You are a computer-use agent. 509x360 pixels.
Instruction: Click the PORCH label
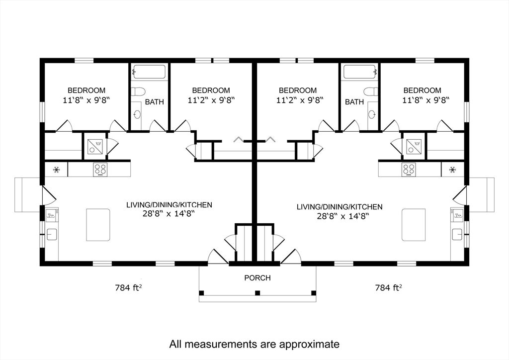click(x=257, y=278)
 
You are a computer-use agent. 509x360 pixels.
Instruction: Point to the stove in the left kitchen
click(x=100, y=170)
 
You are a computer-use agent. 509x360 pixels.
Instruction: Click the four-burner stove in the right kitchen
click(x=409, y=170)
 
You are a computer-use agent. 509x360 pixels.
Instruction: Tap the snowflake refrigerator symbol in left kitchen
click(x=57, y=170)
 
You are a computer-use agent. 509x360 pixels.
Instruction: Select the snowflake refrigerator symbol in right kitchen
click(x=452, y=170)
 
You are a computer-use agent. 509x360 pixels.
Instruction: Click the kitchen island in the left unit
click(x=98, y=224)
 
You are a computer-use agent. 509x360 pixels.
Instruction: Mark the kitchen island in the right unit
click(x=414, y=224)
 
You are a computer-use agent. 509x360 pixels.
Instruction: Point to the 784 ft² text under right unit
click(x=388, y=287)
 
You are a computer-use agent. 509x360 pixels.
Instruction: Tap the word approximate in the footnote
click(x=308, y=344)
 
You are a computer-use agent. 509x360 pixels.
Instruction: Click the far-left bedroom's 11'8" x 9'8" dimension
click(x=86, y=99)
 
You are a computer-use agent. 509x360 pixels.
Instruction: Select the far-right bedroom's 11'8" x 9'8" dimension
click(x=422, y=99)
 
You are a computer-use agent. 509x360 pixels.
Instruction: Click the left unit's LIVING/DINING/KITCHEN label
click(x=170, y=204)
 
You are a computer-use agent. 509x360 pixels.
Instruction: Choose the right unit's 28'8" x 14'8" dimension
click(x=339, y=216)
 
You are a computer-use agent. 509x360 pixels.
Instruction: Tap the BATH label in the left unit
click(x=155, y=102)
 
